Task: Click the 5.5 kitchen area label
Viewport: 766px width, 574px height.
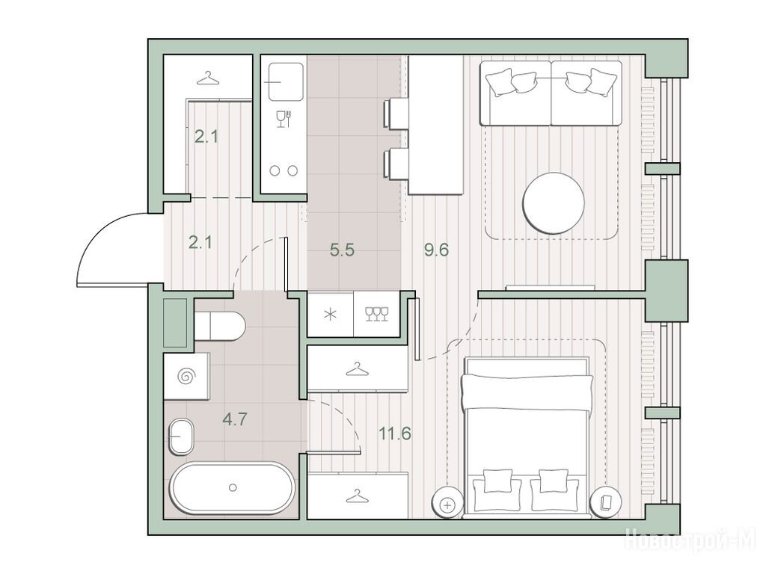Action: (x=342, y=250)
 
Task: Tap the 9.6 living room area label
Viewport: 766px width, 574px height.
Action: (x=436, y=250)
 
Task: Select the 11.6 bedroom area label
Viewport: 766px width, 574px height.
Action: (x=395, y=433)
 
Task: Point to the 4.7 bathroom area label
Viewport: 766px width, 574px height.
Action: (x=235, y=419)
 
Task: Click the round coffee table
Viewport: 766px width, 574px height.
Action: (x=554, y=203)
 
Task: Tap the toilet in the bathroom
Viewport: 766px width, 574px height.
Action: (x=220, y=327)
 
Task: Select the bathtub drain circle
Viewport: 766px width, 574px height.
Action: (x=233, y=487)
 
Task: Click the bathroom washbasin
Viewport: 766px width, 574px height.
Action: (x=182, y=436)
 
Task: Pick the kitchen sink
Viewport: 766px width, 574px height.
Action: (x=283, y=81)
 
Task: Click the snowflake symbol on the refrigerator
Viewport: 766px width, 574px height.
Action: (x=330, y=315)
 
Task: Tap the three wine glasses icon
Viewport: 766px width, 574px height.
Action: (x=377, y=315)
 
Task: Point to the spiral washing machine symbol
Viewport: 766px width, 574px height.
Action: (x=187, y=377)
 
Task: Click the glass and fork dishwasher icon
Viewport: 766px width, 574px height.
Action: (x=284, y=119)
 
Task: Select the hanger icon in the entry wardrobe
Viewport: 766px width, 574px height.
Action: (x=208, y=78)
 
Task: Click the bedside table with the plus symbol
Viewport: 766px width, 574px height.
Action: (x=447, y=503)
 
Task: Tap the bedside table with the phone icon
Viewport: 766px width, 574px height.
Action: (x=606, y=502)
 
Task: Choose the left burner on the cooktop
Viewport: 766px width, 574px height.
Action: (x=275, y=171)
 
